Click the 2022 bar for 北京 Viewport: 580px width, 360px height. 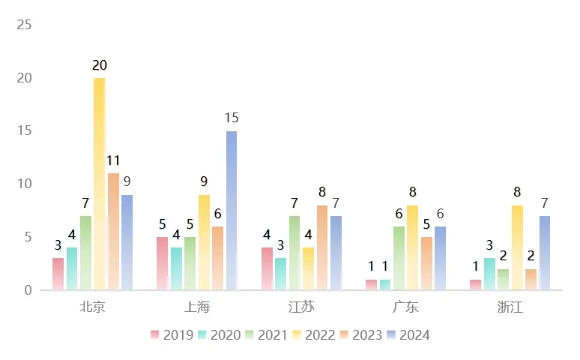99,184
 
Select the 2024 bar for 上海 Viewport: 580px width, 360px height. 232,211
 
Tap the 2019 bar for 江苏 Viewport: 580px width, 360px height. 267,268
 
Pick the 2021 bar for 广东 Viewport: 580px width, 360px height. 399,258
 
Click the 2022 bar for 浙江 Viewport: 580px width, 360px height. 517,247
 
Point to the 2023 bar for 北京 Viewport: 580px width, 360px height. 113,231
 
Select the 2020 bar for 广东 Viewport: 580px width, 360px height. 385,284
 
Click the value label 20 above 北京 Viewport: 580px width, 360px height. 99,66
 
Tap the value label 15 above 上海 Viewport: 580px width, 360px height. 232,118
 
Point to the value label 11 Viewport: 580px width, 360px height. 113,160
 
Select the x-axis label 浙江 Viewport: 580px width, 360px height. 510,307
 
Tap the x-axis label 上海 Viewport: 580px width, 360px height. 197,307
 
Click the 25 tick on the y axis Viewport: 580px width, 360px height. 24,25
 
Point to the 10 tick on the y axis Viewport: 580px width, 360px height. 24,184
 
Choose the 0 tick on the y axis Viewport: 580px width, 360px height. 28,290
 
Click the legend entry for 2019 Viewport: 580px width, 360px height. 171,335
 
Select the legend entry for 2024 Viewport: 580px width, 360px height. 408,335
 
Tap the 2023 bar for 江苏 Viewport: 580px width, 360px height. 321,247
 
